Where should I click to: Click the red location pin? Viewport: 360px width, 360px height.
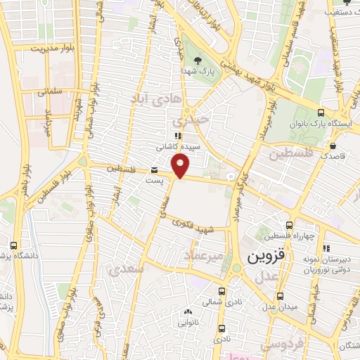tap(181, 165)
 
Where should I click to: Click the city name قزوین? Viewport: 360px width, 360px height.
tap(264, 257)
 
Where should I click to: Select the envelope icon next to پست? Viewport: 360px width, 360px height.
tap(154, 170)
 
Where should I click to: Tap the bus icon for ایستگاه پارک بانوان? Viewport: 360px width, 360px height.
tap(321, 112)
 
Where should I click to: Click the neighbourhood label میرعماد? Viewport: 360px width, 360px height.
tap(203, 256)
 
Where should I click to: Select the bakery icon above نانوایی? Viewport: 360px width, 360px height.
tap(186, 312)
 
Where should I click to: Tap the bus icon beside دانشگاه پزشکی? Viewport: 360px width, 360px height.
tap(14, 246)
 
